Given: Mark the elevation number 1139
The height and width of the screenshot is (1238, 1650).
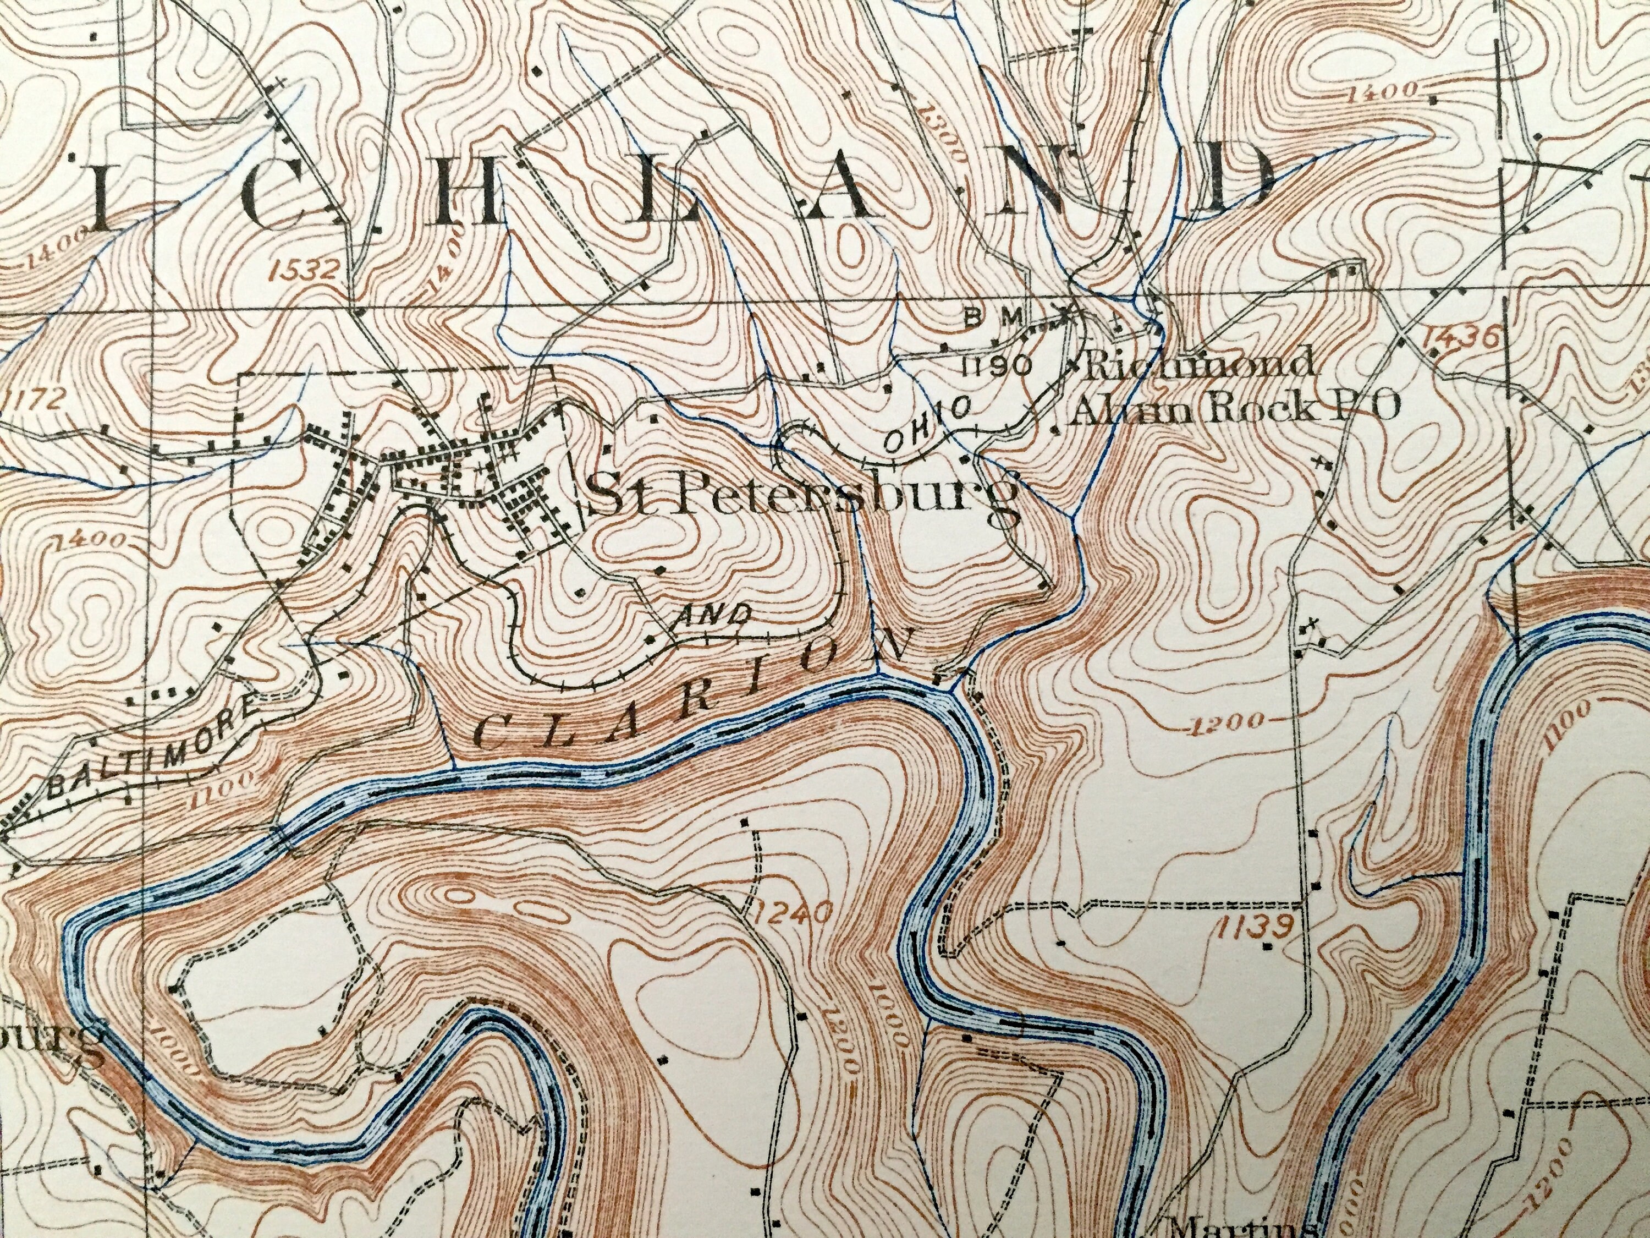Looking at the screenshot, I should [1253, 929].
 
